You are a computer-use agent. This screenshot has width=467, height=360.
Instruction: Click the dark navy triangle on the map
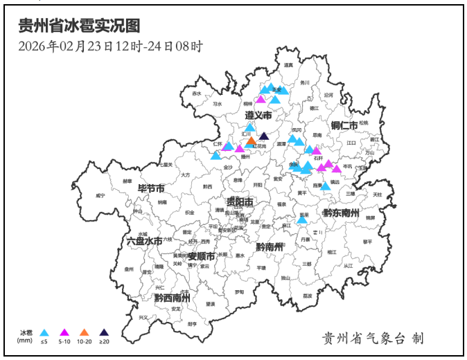click(263, 136)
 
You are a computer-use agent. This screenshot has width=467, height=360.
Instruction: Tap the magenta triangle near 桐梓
click(261, 99)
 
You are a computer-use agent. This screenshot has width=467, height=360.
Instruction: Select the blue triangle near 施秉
click(325, 186)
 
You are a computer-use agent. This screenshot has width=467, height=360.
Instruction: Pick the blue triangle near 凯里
click(302, 219)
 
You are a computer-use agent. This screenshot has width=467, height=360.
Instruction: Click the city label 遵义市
click(258, 114)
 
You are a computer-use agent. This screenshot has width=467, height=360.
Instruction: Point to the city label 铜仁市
click(344, 125)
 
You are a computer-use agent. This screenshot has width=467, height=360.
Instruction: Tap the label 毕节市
click(151, 188)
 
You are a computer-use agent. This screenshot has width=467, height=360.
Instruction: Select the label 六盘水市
click(144, 241)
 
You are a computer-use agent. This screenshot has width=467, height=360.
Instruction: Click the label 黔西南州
click(172, 298)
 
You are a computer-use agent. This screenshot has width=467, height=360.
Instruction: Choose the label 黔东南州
click(341, 213)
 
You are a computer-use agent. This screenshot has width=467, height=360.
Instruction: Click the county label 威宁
click(100, 196)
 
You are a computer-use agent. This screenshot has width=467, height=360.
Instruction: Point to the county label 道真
click(288, 65)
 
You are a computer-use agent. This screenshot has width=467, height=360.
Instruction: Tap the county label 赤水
click(197, 93)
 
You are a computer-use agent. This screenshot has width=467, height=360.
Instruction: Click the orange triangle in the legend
click(85, 332)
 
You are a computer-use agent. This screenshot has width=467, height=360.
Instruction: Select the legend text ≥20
click(105, 341)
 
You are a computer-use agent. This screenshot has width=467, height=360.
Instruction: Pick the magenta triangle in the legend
click(64, 332)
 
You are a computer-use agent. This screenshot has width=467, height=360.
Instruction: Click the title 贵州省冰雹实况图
click(79, 26)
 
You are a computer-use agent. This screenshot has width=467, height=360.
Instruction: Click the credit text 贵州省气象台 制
click(372, 338)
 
